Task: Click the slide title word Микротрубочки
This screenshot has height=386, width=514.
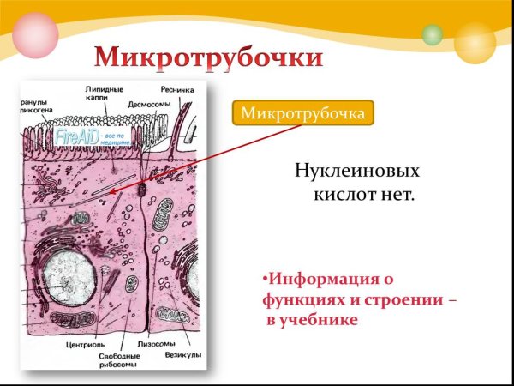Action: pyautogui.click(x=209, y=58)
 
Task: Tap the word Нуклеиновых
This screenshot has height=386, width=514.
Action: pyautogui.click(x=357, y=171)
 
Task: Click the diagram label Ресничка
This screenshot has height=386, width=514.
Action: pyautogui.click(x=177, y=89)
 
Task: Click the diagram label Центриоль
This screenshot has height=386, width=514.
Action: pyautogui.click(x=85, y=347)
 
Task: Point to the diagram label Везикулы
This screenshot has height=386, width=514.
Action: pyautogui.click(x=184, y=353)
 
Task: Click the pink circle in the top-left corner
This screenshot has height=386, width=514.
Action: pyautogui.click(x=34, y=34)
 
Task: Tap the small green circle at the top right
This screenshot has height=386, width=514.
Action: pyautogui.click(x=433, y=35)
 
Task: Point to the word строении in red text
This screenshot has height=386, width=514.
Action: pyautogui.click(x=399, y=300)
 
